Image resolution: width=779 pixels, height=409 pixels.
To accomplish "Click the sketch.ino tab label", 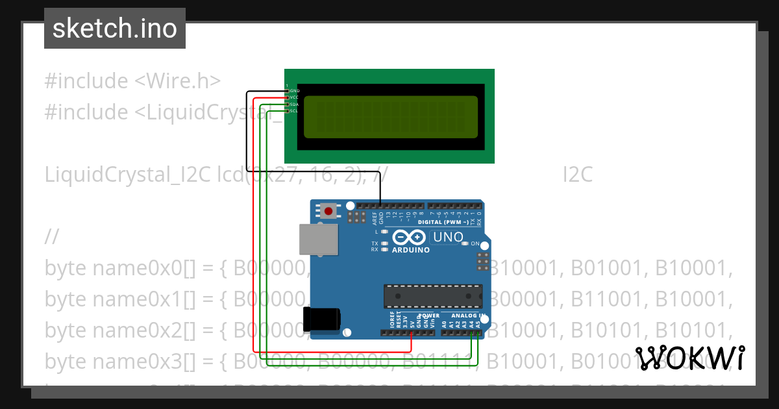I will [x=114, y=29].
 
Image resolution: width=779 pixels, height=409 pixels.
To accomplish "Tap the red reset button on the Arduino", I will [x=329, y=210].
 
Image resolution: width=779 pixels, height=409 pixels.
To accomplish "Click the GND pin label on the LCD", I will [x=294, y=91].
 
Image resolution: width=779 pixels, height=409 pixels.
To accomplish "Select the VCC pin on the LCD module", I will [x=293, y=97].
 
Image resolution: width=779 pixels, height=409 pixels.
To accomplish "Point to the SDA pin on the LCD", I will [x=293, y=104].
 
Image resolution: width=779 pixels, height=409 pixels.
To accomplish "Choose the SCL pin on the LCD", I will [x=293, y=110].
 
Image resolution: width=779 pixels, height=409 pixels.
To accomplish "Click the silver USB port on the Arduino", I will [x=317, y=240].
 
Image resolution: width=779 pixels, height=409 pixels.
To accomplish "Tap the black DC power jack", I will [x=321, y=319].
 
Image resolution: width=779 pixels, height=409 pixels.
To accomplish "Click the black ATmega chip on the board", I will [x=432, y=295].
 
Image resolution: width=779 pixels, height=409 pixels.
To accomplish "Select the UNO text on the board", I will [x=447, y=238].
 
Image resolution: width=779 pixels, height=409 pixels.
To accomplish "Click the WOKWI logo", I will [x=689, y=358].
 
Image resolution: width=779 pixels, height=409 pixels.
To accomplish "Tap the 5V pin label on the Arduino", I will [x=412, y=322].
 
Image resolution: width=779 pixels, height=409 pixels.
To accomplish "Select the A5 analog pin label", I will [x=479, y=323].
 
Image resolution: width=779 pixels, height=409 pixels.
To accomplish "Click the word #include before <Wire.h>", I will [x=86, y=81].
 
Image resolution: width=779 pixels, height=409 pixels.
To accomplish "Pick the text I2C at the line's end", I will [x=577, y=175].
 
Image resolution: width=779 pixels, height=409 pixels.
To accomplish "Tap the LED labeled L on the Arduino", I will [x=384, y=232].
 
